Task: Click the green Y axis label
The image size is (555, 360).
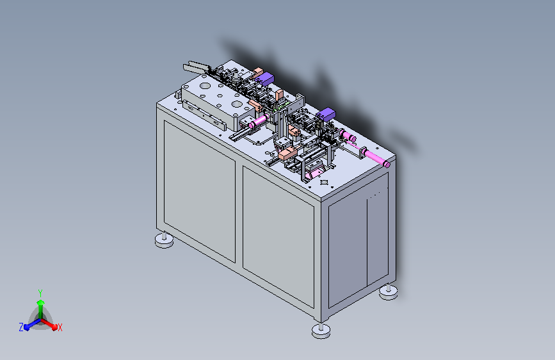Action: pyautogui.click(x=40, y=293)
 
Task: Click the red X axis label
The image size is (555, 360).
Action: pyautogui.click(x=60, y=327)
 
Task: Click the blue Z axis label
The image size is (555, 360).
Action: pyautogui.click(x=21, y=327)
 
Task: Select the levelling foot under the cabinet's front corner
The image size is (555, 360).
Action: pyautogui.click(x=321, y=331)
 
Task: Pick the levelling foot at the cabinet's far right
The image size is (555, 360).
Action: pyautogui.click(x=389, y=292)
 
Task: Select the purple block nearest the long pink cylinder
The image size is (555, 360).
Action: pyautogui.click(x=326, y=115)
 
